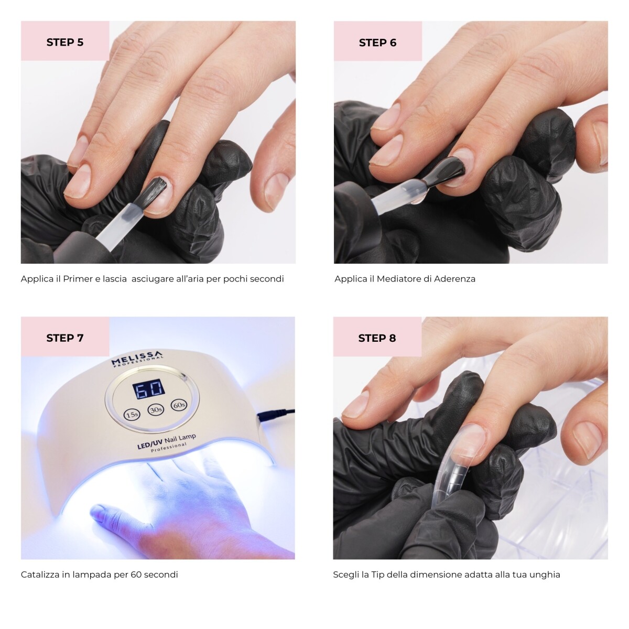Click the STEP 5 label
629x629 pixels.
coord(65,42)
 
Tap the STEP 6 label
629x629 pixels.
coord(377,43)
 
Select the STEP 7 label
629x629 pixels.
coord(65,338)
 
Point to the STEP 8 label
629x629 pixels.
coord(377,338)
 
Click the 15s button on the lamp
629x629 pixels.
coord(132,415)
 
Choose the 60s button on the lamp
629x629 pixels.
coord(179,405)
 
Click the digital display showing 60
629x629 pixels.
coord(148,390)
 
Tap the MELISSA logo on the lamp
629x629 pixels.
coord(137,360)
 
